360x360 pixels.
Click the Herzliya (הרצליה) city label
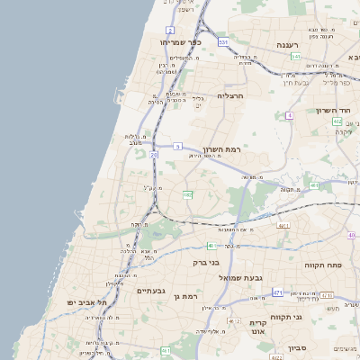pyautogui.click(x=231, y=94)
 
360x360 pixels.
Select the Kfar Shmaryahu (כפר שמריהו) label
pyautogui.click(x=180, y=42)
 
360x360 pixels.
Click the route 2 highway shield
pyautogui.click(x=170, y=31)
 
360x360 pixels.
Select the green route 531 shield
pyautogui.click(x=296, y=57)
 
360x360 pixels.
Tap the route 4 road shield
pyautogui.click(x=289, y=115)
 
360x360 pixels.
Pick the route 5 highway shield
pyautogui.click(x=178, y=145)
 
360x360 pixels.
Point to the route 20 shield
pyautogui.click(x=154, y=155)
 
